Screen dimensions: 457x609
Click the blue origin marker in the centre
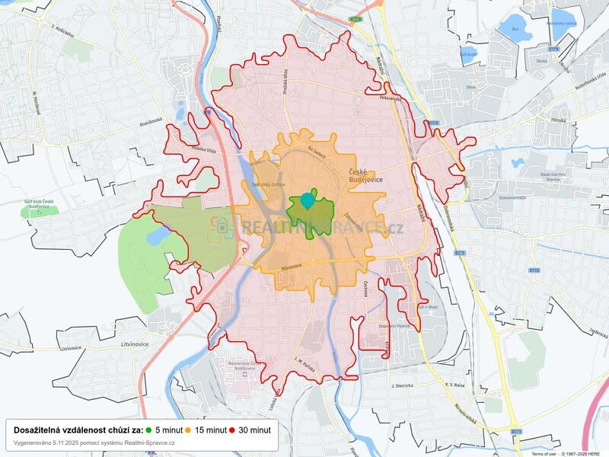click(x=307, y=200)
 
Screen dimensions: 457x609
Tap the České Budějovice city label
click(x=364, y=176)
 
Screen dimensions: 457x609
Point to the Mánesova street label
click(x=292, y=266)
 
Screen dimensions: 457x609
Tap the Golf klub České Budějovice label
click(x=38, y=203)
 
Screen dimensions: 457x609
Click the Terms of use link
click(x=544, y=454)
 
